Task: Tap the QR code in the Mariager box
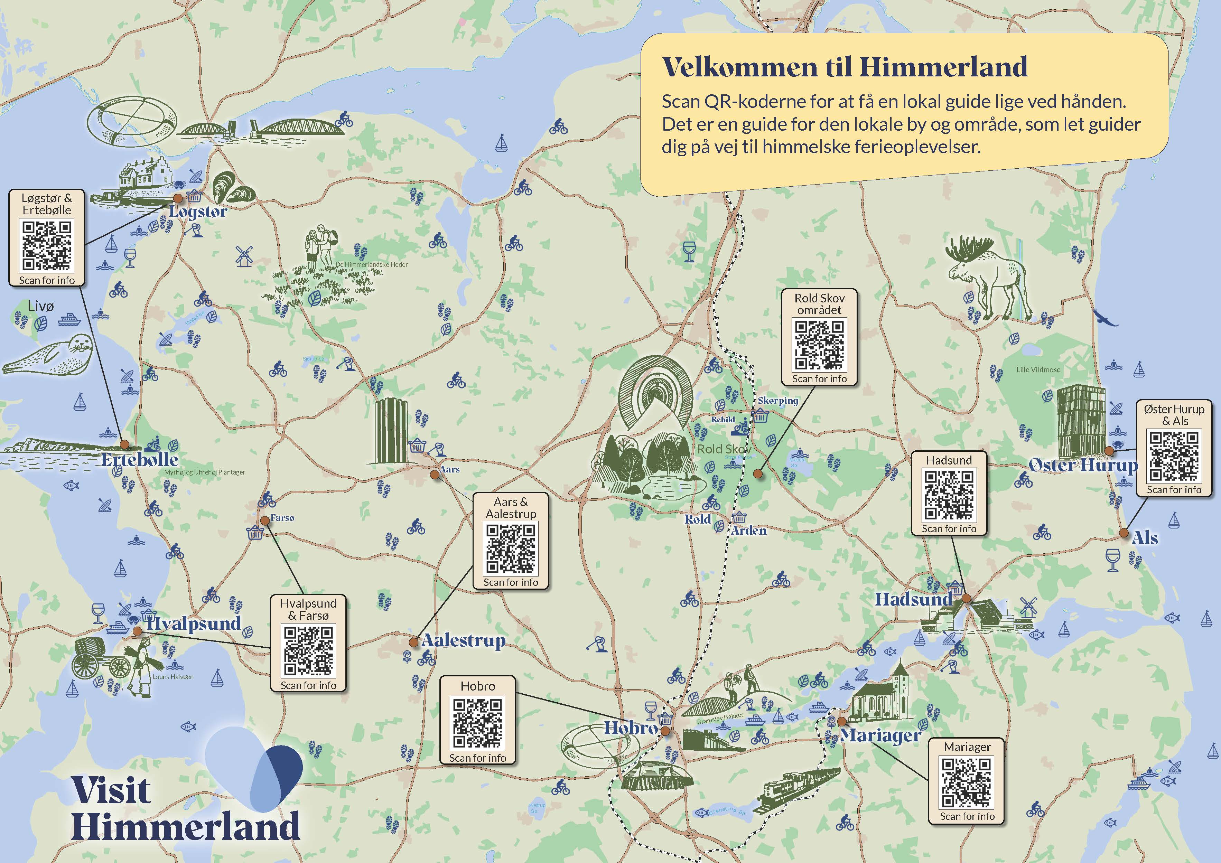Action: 967,782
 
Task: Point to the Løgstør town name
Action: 198,212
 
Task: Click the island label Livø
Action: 40,306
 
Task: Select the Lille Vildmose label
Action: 1038,369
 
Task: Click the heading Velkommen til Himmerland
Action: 845,67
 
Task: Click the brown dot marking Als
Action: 1123,533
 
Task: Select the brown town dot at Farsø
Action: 264,520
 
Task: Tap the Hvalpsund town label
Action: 194,623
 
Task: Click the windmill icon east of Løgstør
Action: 244,256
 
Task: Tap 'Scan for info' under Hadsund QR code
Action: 949,528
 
